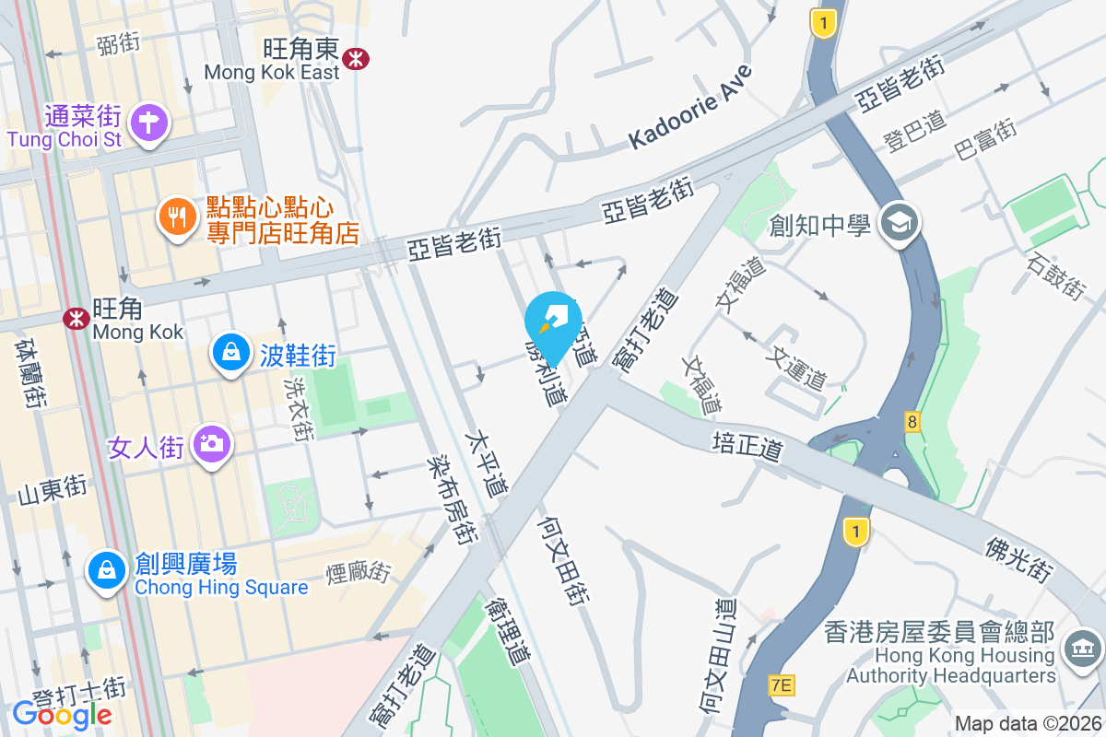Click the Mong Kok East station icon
355,59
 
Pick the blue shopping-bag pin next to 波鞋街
229,352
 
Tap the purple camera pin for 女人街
212,445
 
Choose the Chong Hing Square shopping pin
108,570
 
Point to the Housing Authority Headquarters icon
1084,649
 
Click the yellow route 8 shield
912,421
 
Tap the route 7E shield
781,684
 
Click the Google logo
62,714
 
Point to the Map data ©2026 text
1027,723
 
